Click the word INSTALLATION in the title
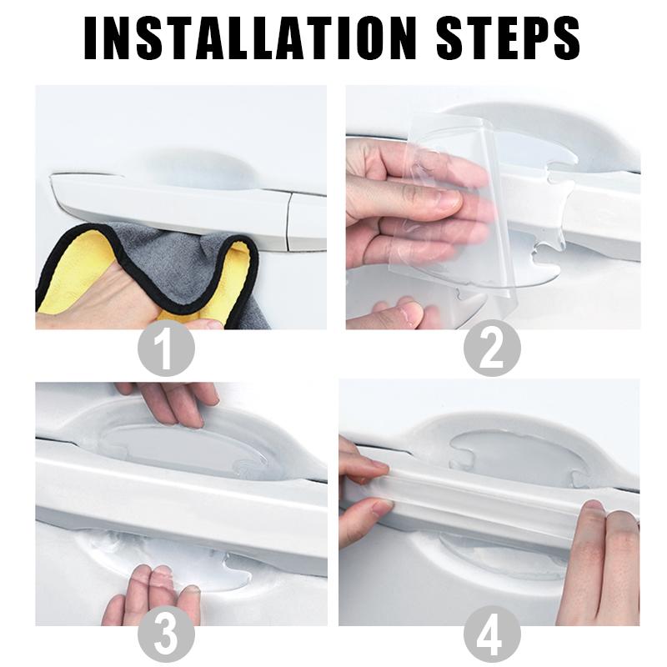point(249,38)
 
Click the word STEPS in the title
point(509,38)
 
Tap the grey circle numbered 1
point(166,348)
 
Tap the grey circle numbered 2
point(492,348)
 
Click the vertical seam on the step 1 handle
point(288,221)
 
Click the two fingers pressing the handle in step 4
point(599,561)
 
